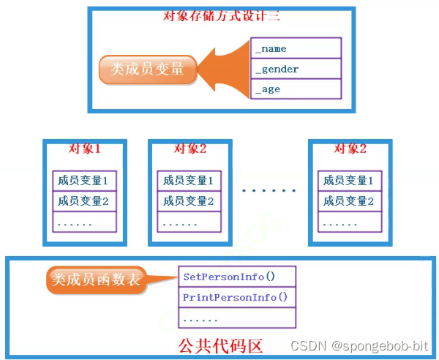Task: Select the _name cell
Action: click(x=296, y=49)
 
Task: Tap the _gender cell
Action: click(x=296, y=69)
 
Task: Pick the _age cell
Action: click(x=296, y=89)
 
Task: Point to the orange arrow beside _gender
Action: click(x=224, y=69)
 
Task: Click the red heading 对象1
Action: click(x=83, y=149)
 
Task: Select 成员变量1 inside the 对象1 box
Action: click(x=83, y=181)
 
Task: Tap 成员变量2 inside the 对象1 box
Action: click(x=83, y=201)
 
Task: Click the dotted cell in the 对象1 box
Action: click(x=83, y=222)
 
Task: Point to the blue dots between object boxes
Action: click(x=269, y=190)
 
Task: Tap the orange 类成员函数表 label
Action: click(x=94, y=279)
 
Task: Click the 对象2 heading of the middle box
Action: click(x=190, y=149)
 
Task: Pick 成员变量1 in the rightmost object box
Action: click(x=349, y=181)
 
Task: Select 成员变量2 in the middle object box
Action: click(x=189, y=201)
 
